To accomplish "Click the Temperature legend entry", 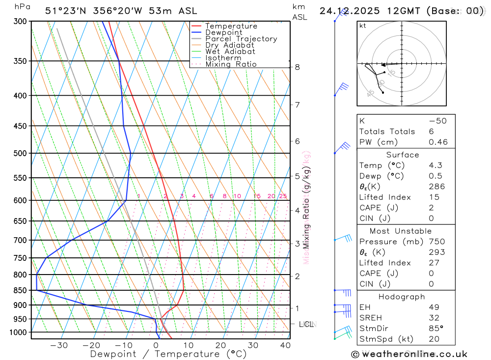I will coord(231,26).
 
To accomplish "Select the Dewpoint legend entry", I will coord(223,32).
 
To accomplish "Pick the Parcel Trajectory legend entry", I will coord(241,39).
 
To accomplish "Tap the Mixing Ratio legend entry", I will coord(231,64).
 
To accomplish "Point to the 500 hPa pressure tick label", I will coord(20,153).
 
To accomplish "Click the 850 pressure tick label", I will coord(20,290).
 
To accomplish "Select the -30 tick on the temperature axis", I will coord(59,345).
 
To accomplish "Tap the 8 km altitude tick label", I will coord(297,67).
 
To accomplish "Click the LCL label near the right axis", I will coord(306,324).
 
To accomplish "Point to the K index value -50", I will coord(437,121).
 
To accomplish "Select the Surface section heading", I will coord(403,155).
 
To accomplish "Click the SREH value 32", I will coord(434,318).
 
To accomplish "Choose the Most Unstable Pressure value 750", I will coord(436,242).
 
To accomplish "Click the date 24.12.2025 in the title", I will coord(346,11).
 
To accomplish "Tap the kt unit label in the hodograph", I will coord(363,26).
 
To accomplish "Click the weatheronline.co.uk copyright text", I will coord(409,354).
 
